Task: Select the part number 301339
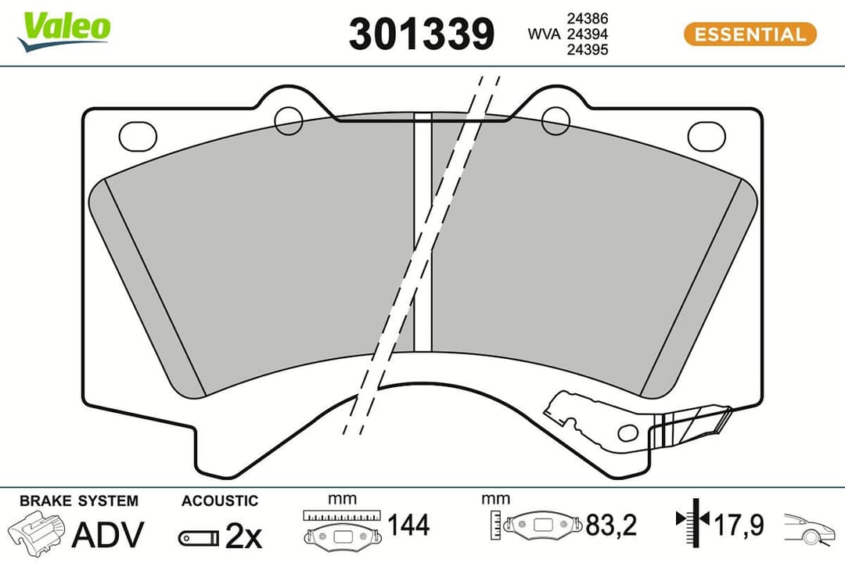click(422, 34)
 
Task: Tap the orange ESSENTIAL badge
click(750, 34)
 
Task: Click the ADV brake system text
click(107, 535)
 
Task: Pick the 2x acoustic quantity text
click(243, 536)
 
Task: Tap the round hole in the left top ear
click(289, 119)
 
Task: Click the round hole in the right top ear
click(555, 119)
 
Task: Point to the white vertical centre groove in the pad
click(422, 235)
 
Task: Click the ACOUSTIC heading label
click(219, 501)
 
